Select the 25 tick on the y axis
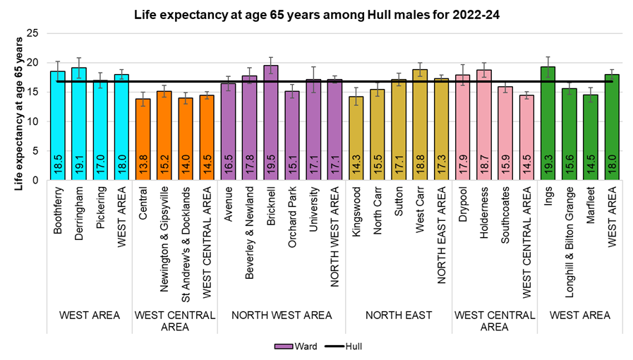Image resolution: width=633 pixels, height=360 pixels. tap(33, 33)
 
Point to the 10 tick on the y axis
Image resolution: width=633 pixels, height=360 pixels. tap(33, 121)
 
